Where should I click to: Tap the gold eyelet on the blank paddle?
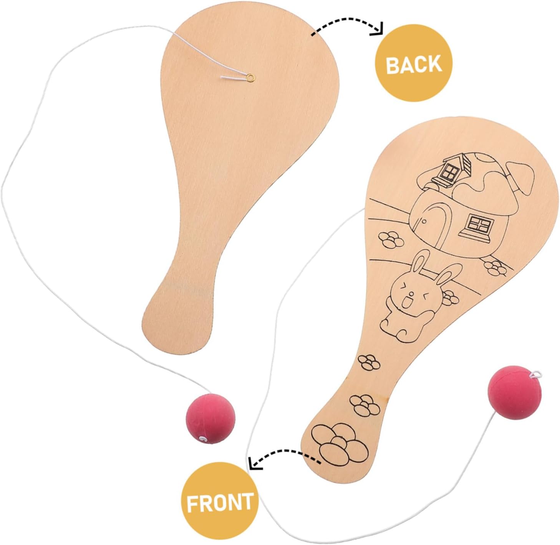coord(250,77)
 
